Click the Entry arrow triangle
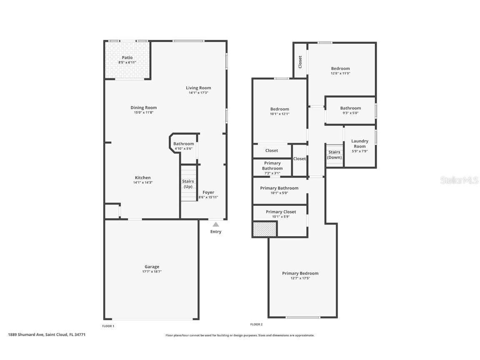pyautogui.click(x=216, y=224)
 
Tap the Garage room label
pyautogui.click(x=152, y=267)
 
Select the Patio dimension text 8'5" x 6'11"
pyautogui.click(x=127, y=62)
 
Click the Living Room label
pyautogui.click(x=198, y=88)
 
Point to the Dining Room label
pyautogui.click(x=144, y=107)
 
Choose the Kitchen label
pyautogui.click(x=142, y=177)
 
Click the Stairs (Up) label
pyautogui.click(x=188, y=184)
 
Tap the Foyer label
pyautogui.click(x=208, y=192)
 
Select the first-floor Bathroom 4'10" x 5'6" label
pyautogui.click(x=184, y=144)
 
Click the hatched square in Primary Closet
pyautogui.click(x=265, y=229)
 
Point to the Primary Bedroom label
pyautogui.click(x=300, y=273)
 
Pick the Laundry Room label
pyautogui.click(x=360, y=144)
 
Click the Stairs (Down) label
pyautogui.click(x=334, y=155)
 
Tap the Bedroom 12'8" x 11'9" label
pyautogui.click(x=340, y=68)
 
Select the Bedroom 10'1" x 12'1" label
pyautogui.click(x=280, y=109)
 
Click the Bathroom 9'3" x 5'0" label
pyautogui.click(x=350, y=108)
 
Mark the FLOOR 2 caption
pyautogui.click(x=256, y=324)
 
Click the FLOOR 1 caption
pyautogui.click(x=108, y=326)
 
